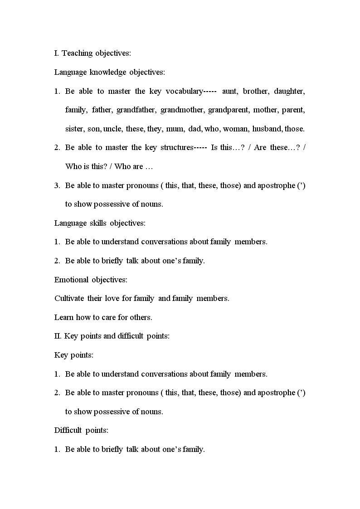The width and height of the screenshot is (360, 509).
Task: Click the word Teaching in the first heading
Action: [78, 53]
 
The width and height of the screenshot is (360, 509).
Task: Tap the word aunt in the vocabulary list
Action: [230, 92]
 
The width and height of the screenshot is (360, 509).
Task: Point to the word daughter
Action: [289, 92]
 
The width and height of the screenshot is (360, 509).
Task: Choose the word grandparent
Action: [228, 110]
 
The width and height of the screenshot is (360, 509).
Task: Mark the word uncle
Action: [112, 129]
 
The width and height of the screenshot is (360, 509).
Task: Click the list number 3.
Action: [57, 185]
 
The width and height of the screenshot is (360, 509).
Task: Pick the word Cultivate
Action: [69, 299]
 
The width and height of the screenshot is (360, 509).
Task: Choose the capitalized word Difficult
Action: [68, 431]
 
